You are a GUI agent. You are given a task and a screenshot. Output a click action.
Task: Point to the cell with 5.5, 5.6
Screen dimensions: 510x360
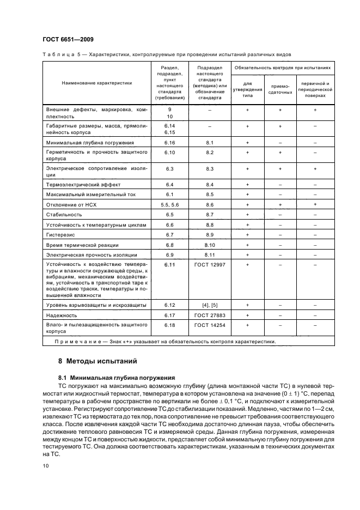click(169, 204)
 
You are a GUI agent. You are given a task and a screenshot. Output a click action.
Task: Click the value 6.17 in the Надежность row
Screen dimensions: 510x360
click(169, 315)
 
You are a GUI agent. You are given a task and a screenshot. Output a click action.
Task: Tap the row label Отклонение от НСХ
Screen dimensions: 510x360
click(70, 204)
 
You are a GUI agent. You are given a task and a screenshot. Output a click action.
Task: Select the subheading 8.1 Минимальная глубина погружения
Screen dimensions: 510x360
click(117, 377)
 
